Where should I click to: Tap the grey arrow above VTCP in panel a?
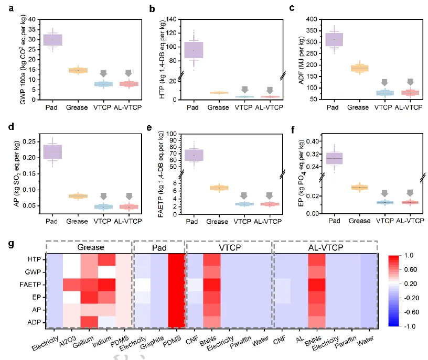(x=103, y=73)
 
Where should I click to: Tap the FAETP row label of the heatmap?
(x=33, y=284)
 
